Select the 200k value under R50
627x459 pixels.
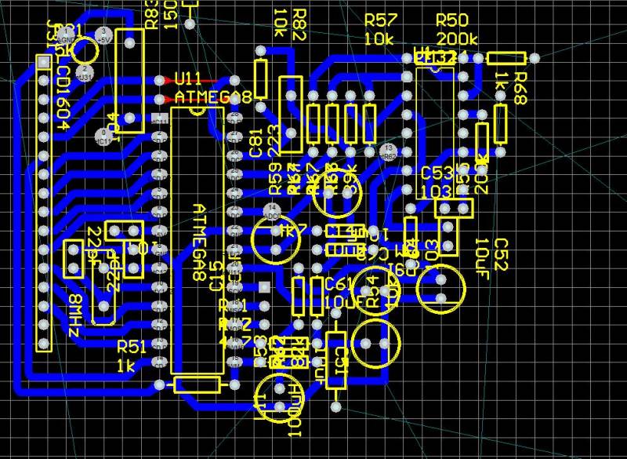coord(458,38)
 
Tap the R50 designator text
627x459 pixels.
coord(451,19)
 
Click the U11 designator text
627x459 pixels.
coord(188,80)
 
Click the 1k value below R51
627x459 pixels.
coord(125,366)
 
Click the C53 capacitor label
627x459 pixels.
coord(437,173)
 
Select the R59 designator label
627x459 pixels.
coord(276,178)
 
